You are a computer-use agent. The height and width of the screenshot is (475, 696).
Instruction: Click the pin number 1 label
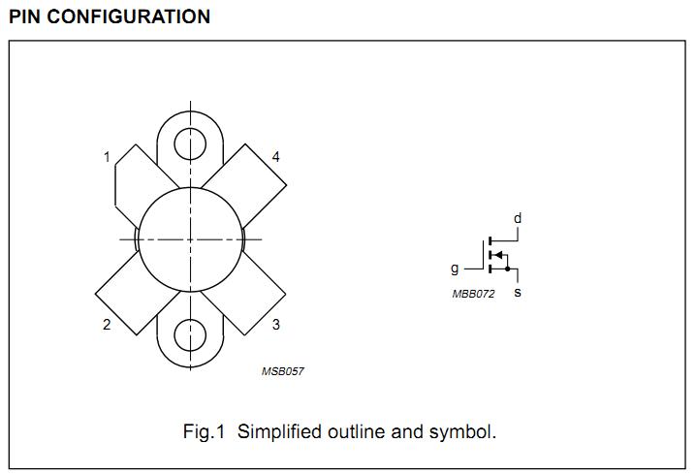(107, 157)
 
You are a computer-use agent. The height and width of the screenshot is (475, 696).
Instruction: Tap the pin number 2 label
(107, 325)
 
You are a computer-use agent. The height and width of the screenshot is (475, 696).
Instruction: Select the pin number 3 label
(276, 325)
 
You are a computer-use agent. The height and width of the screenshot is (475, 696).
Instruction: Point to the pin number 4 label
(276, 157)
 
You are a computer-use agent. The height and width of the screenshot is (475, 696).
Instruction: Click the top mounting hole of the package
(190, 144)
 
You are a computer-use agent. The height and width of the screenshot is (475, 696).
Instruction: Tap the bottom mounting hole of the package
(190, 335)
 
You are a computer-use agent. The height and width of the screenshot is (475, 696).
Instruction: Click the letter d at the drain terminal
(518, 218)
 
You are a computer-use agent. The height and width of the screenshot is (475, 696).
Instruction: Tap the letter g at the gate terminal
(455, 269)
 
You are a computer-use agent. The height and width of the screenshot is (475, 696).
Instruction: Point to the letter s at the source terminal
(518, 292)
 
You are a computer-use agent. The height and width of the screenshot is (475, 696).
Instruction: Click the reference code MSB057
(283, 371)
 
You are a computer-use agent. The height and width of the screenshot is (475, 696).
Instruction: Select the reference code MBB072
(473, 294)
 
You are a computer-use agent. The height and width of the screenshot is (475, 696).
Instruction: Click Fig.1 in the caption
(204, 431)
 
